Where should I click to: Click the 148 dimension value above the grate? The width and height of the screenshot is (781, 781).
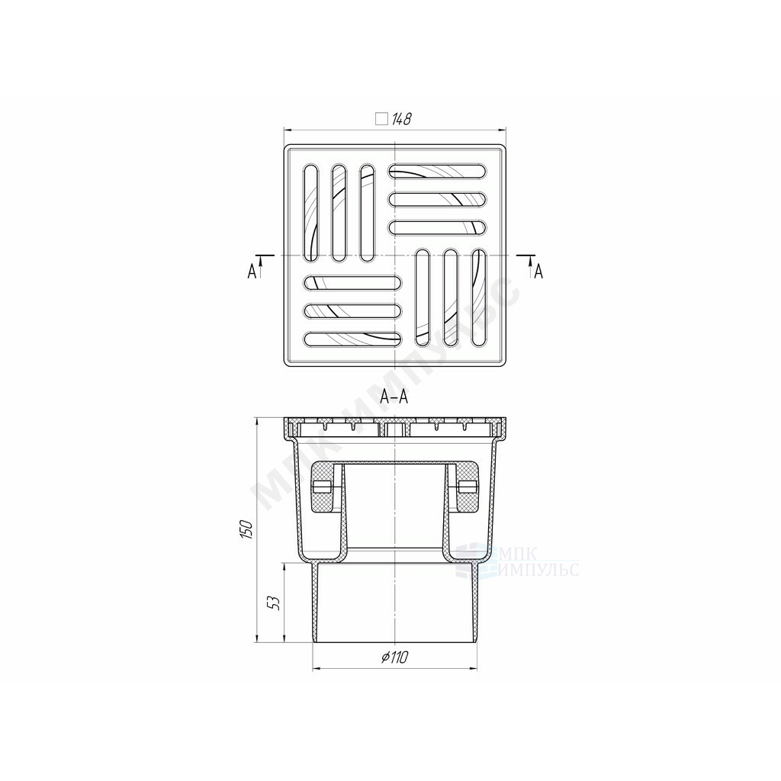pyautogui.click(x=401, y=120)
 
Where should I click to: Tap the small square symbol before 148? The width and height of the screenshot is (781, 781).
pyautogui.click(x=381, y=120)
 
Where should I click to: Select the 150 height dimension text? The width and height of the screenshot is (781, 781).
pyautogui.click(x=246, y=529)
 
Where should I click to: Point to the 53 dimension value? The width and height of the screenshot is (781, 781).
pyautogui.click(x=274, y=603)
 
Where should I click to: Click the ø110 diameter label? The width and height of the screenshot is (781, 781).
pyautogui.click(x=395, y=657)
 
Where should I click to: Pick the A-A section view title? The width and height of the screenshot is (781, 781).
pyautogui.click(x=394, y=397)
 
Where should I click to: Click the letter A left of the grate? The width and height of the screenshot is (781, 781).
pyautogui.click(x=252, y=272)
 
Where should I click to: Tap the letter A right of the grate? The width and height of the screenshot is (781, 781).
pyautogui.click(x=538, y=272)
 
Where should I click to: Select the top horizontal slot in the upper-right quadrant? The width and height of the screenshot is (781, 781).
pyautogui.click(x=437, y=171)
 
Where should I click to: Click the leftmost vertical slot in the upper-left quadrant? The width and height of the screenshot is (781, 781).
pyautogui.click(x=310, y=213)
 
